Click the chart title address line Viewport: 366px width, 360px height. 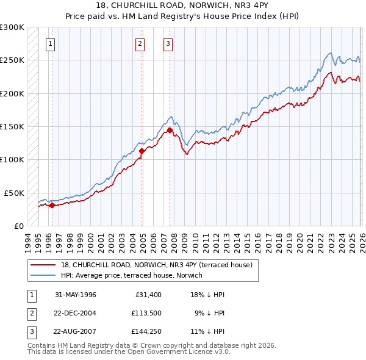pos(182,5)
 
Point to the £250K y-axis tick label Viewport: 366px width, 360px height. pos(12,60)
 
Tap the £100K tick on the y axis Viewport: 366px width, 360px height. pos(12,159)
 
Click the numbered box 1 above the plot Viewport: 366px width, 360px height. pos(49,43)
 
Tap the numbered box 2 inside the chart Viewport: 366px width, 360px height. pos(140,43)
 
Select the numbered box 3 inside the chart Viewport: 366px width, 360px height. pos(168,43)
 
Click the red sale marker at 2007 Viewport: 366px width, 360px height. pos(170,130)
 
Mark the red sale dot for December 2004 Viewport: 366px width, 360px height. pos(142,150)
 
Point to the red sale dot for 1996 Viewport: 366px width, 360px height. pos(52,205)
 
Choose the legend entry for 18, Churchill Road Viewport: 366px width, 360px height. pos(160,265)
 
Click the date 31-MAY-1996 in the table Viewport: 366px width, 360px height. pos(75,295)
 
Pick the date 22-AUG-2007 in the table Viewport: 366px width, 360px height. pos(75,332)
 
